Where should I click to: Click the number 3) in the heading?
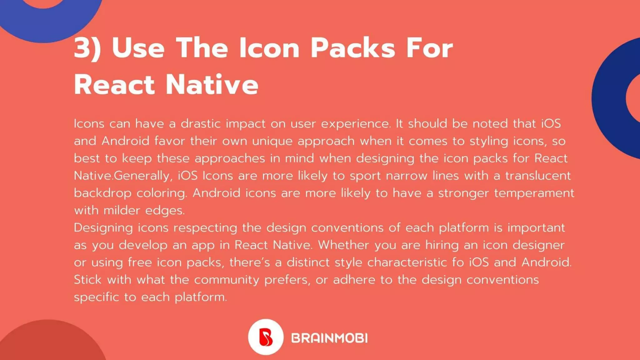click(87, 48)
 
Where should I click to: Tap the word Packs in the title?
click(353, 48)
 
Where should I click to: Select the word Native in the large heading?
click(212, 85)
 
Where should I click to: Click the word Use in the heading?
click(138, 48)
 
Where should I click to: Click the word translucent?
click(538, 176)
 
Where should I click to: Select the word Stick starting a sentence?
click(87, 280)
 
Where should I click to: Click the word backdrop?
click(102, 193)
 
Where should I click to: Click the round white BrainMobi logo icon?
click(266, 337)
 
